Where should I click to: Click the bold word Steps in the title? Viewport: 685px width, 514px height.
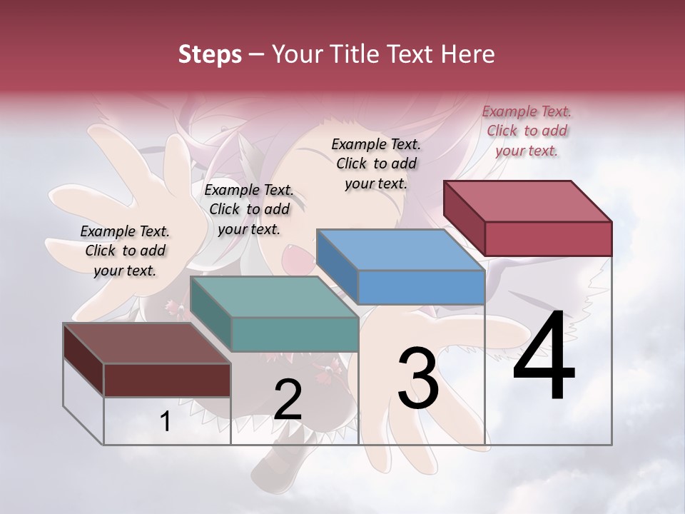(210, 54)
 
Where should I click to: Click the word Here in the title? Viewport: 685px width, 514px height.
(467, 54)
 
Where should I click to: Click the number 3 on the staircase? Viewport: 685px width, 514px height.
(418, 378)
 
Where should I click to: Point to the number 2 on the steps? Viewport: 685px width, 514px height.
(288, 400)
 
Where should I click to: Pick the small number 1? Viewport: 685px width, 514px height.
(165, 422)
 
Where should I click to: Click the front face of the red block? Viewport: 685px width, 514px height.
(548, 238)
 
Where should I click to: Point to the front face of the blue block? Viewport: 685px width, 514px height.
(421, 287)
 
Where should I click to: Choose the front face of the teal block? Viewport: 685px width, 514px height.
(295, 334)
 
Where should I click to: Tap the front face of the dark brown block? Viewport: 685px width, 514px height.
(167, 380)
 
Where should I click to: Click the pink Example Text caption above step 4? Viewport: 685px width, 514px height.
(527, 131)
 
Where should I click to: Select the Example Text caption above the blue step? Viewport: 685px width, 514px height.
(376, 163)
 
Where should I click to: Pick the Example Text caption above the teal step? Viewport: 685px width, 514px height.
(249, 209)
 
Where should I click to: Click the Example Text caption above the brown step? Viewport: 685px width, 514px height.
(125, 251)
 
